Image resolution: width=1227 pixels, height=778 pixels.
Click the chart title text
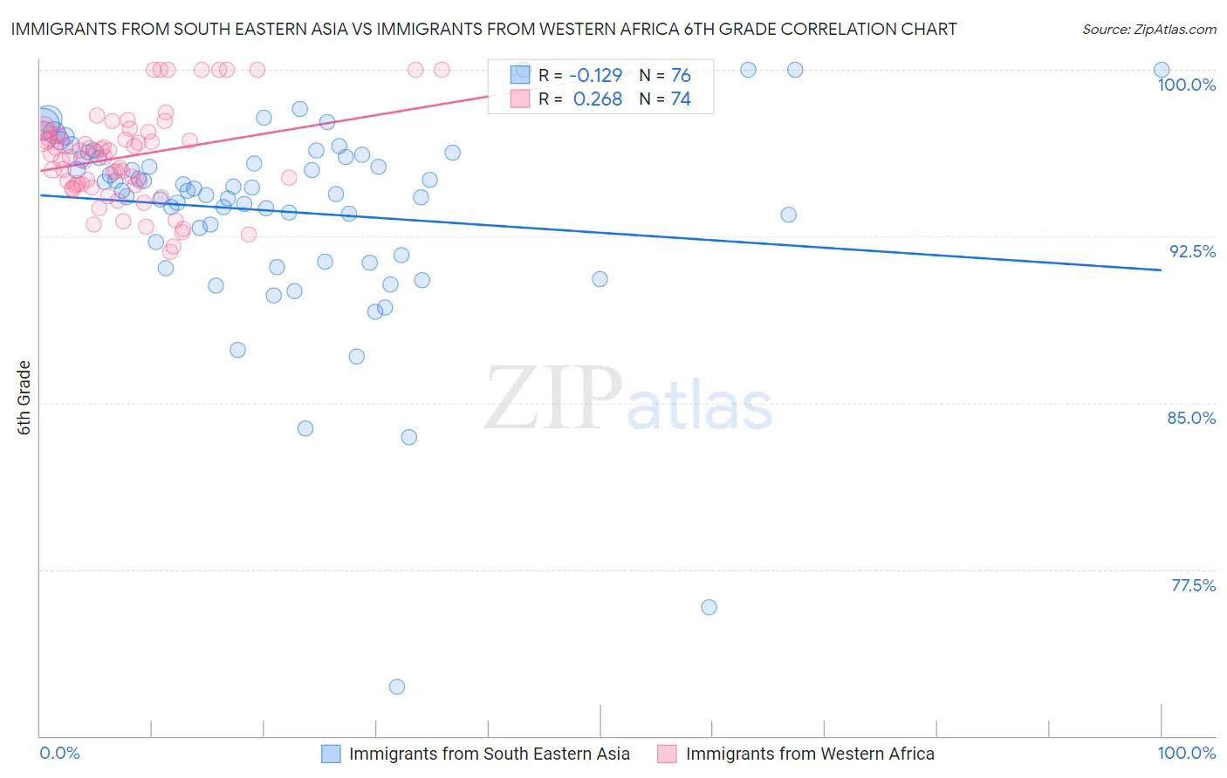point(483,29)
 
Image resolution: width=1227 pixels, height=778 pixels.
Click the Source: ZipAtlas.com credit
point(1148,29)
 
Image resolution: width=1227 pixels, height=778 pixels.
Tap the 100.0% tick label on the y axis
point(1186,85)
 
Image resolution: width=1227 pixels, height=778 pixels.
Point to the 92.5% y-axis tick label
point(1192,251)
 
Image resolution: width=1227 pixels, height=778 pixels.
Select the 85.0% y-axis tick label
point(1191,418)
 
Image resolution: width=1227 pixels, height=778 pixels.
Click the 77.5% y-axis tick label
point(1193,585)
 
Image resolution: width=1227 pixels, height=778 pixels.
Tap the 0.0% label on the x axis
point(59,753)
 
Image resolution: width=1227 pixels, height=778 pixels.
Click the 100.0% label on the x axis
point(1186,753)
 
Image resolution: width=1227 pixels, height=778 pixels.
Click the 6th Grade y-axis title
point(24,397)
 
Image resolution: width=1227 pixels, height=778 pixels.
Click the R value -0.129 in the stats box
point(595,76)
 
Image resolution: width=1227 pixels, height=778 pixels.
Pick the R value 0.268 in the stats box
point(597,99)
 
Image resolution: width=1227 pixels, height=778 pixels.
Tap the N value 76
point(681,76)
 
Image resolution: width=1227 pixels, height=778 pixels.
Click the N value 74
point(681,99)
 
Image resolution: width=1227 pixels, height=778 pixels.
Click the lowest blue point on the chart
point(397,686)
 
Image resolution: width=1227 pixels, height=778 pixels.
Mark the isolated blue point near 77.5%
point(709,607)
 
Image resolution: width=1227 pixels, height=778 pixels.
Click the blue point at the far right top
point(1162,70)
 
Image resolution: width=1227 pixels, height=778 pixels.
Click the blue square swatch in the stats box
point(520,76)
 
